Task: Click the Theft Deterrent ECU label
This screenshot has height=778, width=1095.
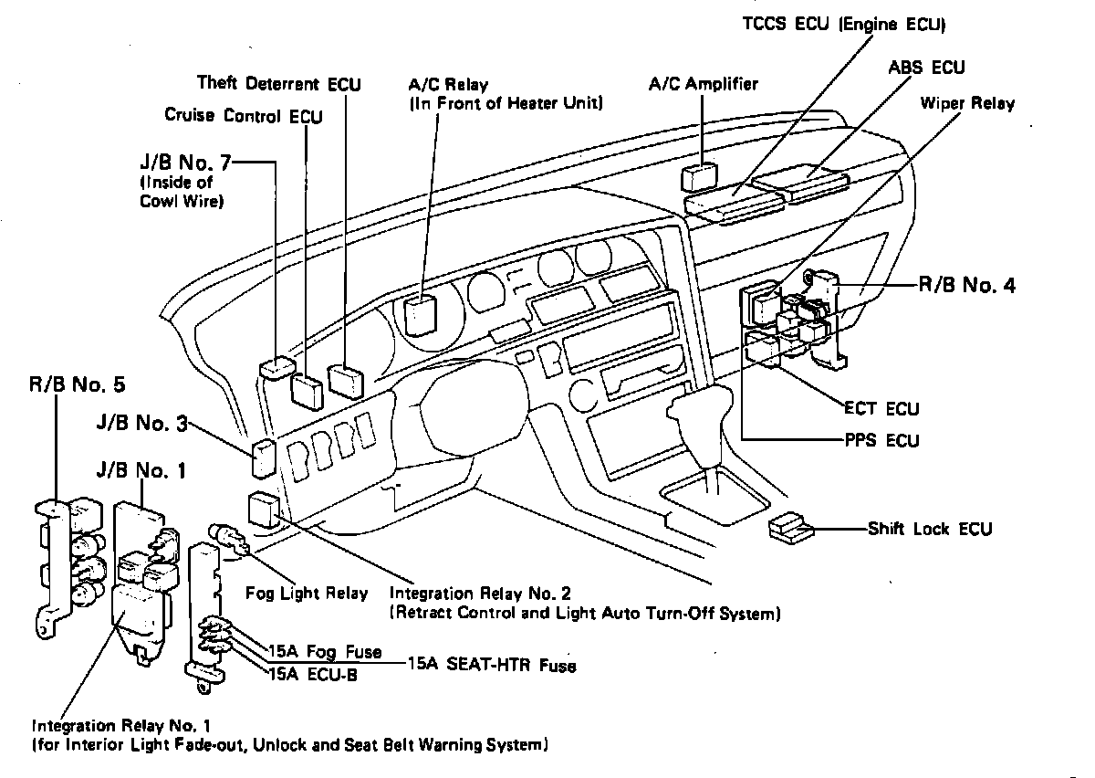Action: pyautogui.click(x=278, y=84)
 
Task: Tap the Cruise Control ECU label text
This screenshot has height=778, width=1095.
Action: pyautogui.click(x=243, y=115)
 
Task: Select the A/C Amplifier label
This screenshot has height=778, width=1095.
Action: pyautogui.click(x=704, y=84)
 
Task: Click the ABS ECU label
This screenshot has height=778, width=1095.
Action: pyautogui.click(x=925, y=67)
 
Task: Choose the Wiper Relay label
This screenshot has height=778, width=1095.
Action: pyautogui.click(x=968, y=103)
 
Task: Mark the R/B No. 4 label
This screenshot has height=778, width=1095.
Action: pyautogui.click(x=965, y=285)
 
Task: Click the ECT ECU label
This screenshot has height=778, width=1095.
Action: pyautogui.click(x=882, y=408)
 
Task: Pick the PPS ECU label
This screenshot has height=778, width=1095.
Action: pyautogui.click(x=881, y=440)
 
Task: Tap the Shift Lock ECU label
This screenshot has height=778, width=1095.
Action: pyautogui.click(x=929, y=529)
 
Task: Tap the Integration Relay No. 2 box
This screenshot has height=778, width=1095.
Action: pyautogui.click(x=264, y=510)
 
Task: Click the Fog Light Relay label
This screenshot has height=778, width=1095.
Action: pyautogui.click(x=307, y=593)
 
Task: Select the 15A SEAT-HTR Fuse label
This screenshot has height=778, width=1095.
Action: pyautogui.click(x=492, y=665)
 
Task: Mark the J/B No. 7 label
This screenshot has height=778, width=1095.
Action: pyautogui.click(x=185, y=164)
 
